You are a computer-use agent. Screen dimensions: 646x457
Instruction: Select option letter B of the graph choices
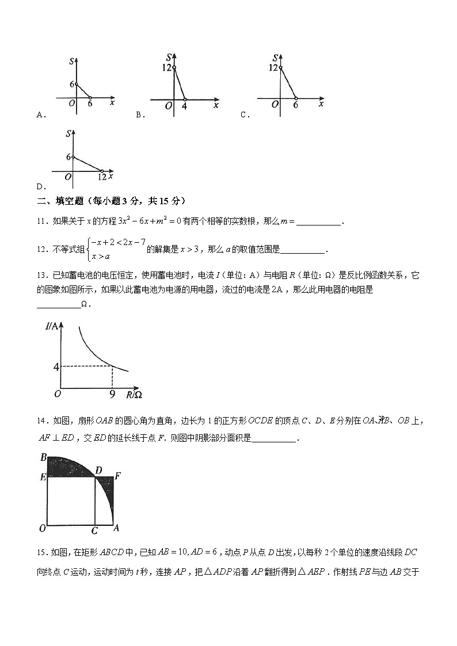click(139, 115)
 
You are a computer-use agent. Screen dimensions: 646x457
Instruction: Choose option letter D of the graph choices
click(39, 187)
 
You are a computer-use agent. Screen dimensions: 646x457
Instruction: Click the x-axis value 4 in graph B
click(184, 106)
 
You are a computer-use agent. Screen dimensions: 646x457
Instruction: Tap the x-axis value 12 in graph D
click(102, 178)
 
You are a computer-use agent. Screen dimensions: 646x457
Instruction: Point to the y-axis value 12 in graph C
click(274, 68)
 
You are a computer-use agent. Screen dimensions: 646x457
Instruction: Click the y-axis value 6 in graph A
click(72, 85)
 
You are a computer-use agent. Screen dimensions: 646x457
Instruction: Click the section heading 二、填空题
click(63, 201)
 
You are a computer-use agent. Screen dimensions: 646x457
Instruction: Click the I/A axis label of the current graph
click(51, 327)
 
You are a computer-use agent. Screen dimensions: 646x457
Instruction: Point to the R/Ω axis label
click(134, 395)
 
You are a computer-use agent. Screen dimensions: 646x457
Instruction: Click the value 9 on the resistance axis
click(112, 395)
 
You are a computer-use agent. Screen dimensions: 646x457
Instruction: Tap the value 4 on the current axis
click(56, 366)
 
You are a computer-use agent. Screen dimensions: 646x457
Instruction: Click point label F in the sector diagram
click(117, 476)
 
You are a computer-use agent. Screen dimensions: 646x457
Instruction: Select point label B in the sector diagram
click(43, 458)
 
